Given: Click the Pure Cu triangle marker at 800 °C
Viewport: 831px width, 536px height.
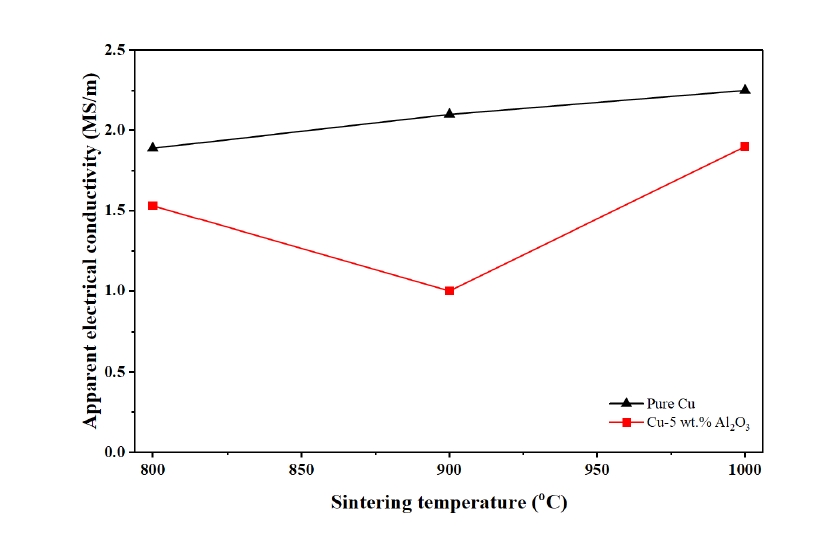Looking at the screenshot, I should point(153,147).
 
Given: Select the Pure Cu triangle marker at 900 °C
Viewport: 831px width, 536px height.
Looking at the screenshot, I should point(449,113).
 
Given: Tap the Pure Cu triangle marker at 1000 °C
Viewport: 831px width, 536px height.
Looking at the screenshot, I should point(745,89).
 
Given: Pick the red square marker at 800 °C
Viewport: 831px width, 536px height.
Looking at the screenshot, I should point(153,205).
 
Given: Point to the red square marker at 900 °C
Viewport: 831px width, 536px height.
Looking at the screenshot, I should point(449,291).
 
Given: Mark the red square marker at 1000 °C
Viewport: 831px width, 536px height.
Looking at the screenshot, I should point(745,146).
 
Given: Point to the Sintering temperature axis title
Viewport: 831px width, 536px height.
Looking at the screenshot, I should point(449,503).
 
